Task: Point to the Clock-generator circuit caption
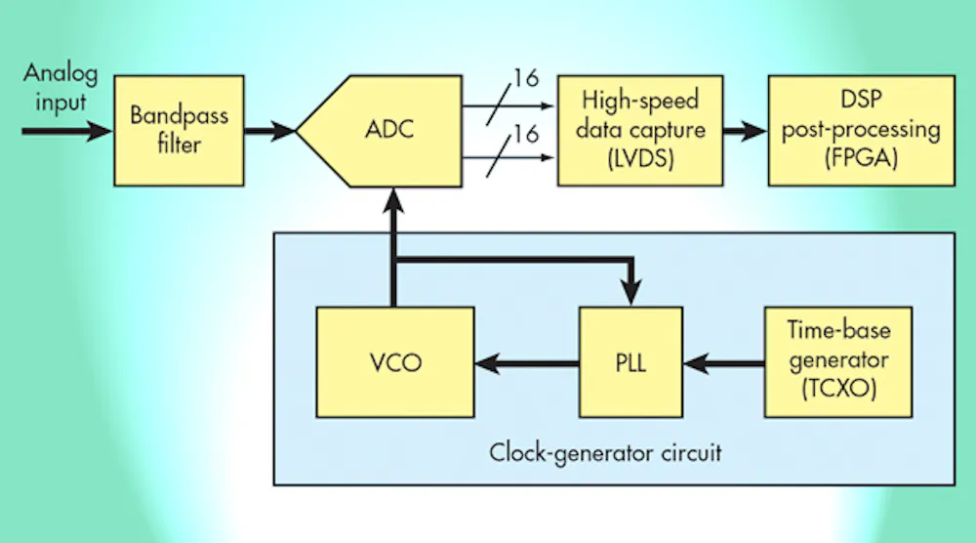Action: (x=605, y=453)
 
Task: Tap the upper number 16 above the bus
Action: (x=526, y=78)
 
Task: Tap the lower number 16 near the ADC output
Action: (x=526, y=134)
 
